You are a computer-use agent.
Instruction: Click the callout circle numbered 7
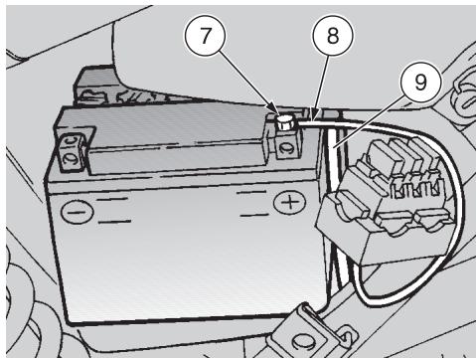click(x=206, y=36)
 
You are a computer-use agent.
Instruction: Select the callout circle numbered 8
click(x=333, y=36)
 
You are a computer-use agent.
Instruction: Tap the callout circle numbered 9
click(x=420, y=82)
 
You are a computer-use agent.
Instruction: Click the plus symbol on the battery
click(x=290, y=202)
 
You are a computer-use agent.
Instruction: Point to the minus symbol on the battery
click(x=78, y=212)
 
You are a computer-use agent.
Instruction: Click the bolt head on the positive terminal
click(x=285, y=122)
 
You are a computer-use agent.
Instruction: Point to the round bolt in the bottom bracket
click(x=301, y=339)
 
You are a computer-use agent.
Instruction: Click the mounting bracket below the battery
click(x=315, y=331)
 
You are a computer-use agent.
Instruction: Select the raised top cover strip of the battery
click(x=176, y=156)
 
